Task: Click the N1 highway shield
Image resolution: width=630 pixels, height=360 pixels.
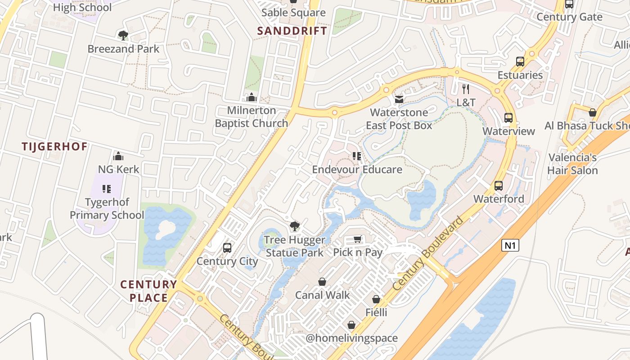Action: (x=510, y=245)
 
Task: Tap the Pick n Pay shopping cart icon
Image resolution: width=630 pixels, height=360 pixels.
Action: (x=358, y=239)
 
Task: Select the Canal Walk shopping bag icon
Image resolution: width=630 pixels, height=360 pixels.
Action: (x=322, y=282)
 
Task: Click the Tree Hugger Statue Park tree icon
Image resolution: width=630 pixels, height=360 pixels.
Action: (x=294, y=226)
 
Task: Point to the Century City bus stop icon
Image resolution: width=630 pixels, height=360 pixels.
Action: (x=227, y=247)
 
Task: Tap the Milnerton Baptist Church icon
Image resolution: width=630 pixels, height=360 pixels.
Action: (x=251, y=97)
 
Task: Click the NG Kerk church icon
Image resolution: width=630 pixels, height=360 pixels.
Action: (x=118, y=156)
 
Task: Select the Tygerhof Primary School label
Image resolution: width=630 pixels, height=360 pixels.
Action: (x=107, y=209)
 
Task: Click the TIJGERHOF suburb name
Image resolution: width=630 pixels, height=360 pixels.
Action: (x=55, y=147)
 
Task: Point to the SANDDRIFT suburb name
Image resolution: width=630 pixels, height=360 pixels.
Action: (x=292, y=31)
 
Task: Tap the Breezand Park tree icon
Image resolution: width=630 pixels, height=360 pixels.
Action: (x=122, y=35)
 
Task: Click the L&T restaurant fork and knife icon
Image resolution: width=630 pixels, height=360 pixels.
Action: (x=466, y=89)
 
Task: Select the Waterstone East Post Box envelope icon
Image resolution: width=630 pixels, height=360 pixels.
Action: (x=399, y=99)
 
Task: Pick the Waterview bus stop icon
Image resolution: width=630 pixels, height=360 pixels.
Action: (x=508, y=118)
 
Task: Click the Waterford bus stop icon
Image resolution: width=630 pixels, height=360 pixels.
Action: (x=499, y=185)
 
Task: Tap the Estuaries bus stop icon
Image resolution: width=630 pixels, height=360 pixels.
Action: (x=520, y=62)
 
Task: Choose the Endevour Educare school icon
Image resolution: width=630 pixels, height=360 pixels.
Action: (x=357, y=156)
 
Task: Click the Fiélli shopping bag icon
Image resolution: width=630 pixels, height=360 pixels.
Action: (x=376, y=299)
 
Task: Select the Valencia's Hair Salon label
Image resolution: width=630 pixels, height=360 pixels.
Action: (x=572, y=164)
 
